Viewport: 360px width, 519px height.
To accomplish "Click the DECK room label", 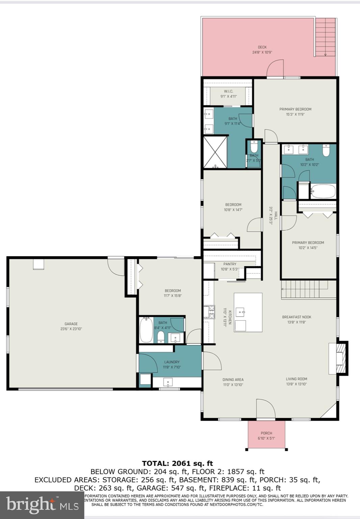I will click(x=262, y=47).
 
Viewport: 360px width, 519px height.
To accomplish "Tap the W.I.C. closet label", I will click(x=229, y=91).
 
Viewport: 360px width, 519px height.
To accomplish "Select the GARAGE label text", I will click(x=71, y=324).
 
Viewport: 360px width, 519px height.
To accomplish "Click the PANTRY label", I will click(x=230, y=264).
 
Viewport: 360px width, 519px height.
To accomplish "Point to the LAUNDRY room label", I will click(x=172, y=362).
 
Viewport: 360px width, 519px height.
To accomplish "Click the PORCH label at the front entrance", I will click(x=266, y=433).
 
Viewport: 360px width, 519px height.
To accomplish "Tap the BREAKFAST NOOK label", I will click(x=297, y=317).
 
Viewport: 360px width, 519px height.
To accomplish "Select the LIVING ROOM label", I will click(x=297, y=379).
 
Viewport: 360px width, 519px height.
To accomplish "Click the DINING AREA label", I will click(x=233, y=379).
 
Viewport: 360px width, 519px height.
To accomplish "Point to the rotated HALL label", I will click(x=276, y=216).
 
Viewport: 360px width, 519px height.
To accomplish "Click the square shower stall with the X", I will click(x=215, y=152).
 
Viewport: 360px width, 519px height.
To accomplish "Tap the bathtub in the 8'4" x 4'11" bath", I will click(x=146, y=330).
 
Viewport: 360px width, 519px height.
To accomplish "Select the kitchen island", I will click(x=248, y=312).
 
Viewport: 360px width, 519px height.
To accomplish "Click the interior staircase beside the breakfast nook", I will click(x=305, y=290).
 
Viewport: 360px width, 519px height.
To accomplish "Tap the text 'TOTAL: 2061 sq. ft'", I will click(x=177, y=463).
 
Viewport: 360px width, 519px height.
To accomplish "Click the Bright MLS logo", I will click(x=42, y=505).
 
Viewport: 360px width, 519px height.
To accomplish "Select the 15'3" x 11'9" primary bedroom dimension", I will click(x=295, y=115).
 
